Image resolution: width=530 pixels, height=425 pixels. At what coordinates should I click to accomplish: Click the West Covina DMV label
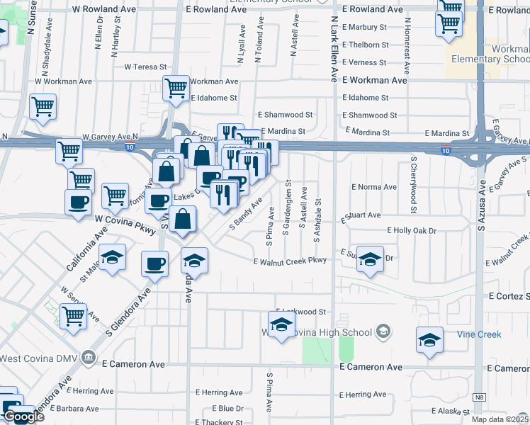tap(39, 358)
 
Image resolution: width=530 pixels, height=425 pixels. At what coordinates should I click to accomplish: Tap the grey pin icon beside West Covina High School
tap(383, 331)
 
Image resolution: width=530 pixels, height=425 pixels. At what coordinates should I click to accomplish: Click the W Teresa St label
tap(145, 67)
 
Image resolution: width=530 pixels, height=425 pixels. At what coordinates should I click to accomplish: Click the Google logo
tap(23, 416)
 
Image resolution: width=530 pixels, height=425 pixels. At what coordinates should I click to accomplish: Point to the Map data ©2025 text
tap(500, 419)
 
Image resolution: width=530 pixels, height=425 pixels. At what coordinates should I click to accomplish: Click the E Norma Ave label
tap(374, 187)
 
